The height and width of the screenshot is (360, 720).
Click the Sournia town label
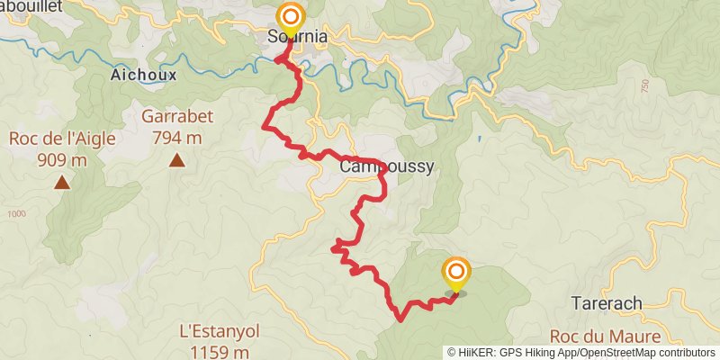(297, 38)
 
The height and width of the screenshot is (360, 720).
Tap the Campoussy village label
(387, 166)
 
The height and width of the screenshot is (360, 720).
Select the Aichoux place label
(143, 75)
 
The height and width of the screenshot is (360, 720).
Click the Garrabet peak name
(176, 116)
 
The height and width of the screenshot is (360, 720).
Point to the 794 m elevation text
(176, 138)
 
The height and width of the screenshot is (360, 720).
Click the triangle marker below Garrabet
(177, 161)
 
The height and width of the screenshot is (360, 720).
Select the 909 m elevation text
(61, 160)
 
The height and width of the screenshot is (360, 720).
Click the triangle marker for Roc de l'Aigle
(61, 183)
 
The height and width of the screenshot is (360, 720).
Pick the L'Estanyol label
(220, 330)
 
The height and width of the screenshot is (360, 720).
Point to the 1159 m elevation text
(220, 352)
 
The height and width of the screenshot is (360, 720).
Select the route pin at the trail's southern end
(456, 272)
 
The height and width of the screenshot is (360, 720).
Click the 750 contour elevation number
(645, 85)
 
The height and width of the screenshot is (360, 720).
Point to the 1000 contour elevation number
(16, 214)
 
